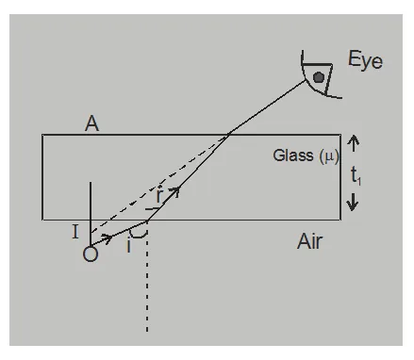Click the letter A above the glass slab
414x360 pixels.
click(91, 123)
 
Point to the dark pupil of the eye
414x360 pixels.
click(321, 76)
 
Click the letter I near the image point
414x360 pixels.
click(75, 229)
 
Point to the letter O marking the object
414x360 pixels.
click(91, 254)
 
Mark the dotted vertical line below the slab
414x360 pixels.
click(147, 292)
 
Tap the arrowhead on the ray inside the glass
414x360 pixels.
click(173, 191)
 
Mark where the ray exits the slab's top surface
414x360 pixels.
click(231, 135)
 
